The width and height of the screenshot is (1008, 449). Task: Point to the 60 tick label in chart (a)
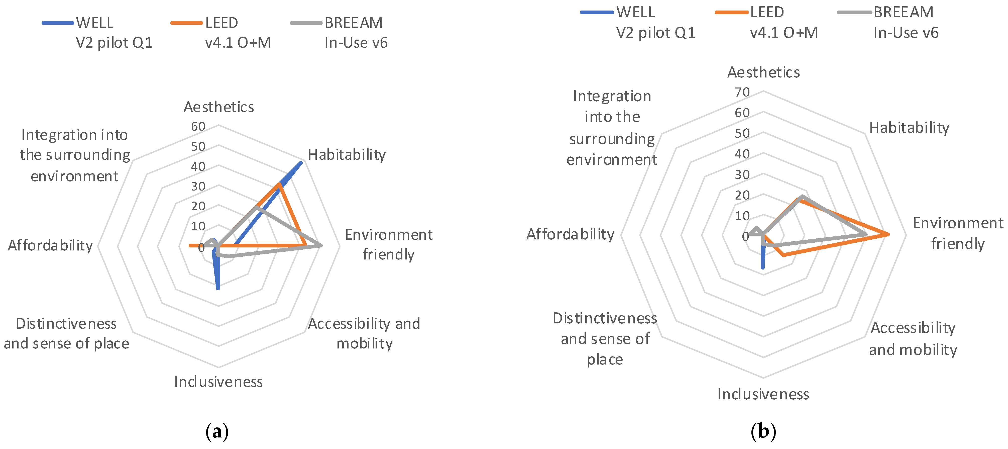(x=198, y=126)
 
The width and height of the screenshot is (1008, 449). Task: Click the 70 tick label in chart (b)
(x=742, y=93)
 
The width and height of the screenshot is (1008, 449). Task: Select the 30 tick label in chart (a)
(x=198, y=186)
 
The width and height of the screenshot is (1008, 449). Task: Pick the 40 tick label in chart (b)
(x=742, y=154)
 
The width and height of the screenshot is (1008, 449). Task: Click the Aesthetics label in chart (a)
(x=219, y=107)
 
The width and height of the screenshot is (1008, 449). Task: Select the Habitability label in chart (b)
(x=909, y=128)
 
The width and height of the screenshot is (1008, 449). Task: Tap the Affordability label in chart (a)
(x=50, y=245)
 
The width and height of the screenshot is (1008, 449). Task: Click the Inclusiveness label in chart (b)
(x=763, y=394)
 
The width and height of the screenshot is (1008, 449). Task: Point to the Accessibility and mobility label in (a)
(x=364, y=333)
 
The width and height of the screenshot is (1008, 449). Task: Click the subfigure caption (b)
(x=763, y=432)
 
